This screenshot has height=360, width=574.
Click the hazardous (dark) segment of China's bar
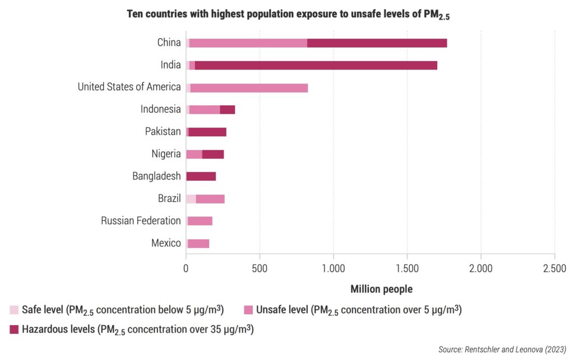click(377, 43)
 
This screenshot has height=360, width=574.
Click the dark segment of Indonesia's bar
click(227, 110)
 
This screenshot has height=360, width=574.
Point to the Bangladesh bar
click(201, 177)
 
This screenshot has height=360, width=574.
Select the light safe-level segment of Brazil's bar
click(191, 199)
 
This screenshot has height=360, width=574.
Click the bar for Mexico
click(198, 243)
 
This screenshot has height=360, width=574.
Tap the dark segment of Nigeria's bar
click(212, 154)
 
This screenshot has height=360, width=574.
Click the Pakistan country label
click(163, 132)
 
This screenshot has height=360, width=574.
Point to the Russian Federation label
click(141, 221)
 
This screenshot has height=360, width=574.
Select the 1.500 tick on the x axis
click(407, 269)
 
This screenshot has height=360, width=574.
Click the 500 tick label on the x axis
click(260, 269)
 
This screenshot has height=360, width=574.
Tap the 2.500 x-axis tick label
click(554, 269)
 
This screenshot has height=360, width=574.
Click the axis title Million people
click(381, 289)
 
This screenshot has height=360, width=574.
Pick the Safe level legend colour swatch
click(14, 310)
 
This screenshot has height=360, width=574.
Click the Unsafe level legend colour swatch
click(248, 310)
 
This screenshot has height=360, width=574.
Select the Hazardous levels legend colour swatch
click(14, 330)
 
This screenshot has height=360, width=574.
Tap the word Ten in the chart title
click(136, 15)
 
